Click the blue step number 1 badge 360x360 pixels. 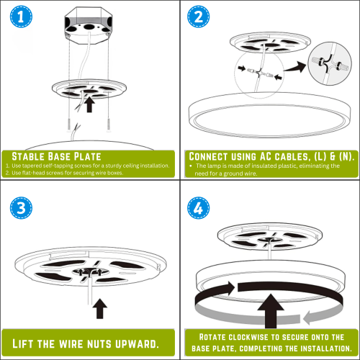point(21,17)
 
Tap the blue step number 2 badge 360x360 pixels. point(198,17)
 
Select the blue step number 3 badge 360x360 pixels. point(21,208)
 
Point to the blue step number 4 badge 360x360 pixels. point(198,208)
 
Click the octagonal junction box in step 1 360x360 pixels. point(89,26)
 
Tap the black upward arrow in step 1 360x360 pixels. point(89,104)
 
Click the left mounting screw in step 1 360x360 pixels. point(69,125)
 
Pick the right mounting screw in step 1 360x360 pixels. point(109,125)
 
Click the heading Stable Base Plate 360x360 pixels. point(56,156)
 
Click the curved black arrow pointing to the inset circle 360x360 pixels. point(295,67)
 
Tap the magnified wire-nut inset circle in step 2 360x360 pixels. point(330,63)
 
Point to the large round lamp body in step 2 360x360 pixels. point(270,114)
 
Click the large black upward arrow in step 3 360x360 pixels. point(100,309)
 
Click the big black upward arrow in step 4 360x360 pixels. point(271,311)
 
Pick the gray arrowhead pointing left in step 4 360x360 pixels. point(310,318)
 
